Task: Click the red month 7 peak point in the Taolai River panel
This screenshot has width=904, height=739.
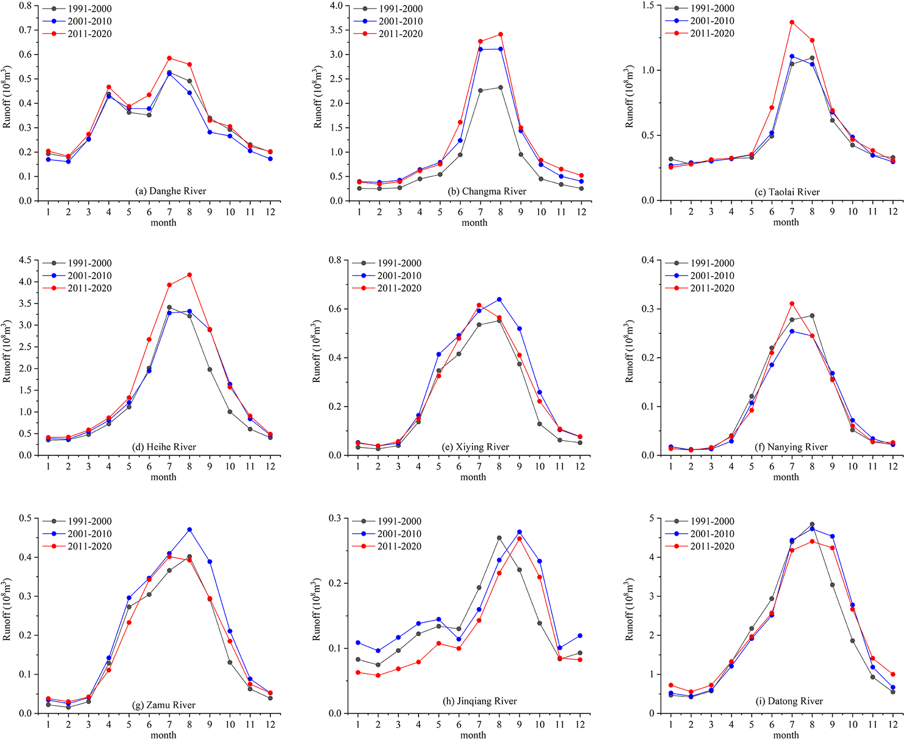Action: click(792, 22)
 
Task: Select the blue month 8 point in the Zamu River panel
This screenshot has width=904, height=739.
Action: click(189, 530)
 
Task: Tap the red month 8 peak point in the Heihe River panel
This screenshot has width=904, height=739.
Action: click(189, 275)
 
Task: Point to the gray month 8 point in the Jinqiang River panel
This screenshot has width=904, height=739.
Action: click(499, 538)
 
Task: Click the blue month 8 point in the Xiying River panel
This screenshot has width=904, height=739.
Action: click(499, 300)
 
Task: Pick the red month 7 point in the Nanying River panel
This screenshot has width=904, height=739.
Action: click(792, 303)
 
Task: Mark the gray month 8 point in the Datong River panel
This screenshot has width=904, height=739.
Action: click(812, 524)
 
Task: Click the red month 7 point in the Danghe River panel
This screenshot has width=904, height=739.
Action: click(169, 58)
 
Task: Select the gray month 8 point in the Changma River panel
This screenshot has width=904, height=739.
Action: click(500, 87)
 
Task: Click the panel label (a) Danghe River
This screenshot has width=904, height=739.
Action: click(171, 191)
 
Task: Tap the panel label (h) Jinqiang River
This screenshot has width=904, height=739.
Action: click(480, 701)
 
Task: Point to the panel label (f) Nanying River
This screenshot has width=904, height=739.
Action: click(791, 447)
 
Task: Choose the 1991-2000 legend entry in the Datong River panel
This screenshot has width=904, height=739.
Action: click(712, 521)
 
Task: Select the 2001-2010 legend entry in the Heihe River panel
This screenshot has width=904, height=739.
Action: click(89, 276)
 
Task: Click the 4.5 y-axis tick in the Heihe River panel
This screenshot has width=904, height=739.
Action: click(26, 261)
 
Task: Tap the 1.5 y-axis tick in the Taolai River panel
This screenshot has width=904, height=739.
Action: click(648, 5)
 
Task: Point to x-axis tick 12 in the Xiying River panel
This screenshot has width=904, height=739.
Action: click(580, 467)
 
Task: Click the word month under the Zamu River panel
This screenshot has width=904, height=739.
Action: click(163, 735)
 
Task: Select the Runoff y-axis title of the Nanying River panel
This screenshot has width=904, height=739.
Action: click(629, 352)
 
